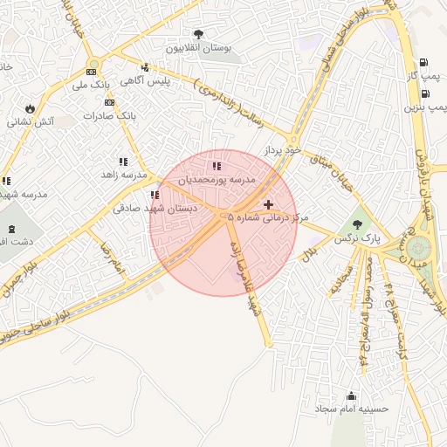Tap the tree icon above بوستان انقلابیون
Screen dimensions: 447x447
[x=200, y=34]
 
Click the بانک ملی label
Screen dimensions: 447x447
[x=92, y=86]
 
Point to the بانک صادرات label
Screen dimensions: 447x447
[x=109, y=115]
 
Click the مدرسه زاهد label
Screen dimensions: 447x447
[x=122, y=175]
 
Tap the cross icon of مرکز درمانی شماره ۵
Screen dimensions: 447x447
[x=268, y=203]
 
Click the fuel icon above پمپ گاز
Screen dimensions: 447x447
[x=423, y=63]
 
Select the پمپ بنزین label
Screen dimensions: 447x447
[x=425, y=107]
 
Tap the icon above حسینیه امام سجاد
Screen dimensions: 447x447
[x=352, y=395]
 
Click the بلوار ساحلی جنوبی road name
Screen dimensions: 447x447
[x=35, y=330]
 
